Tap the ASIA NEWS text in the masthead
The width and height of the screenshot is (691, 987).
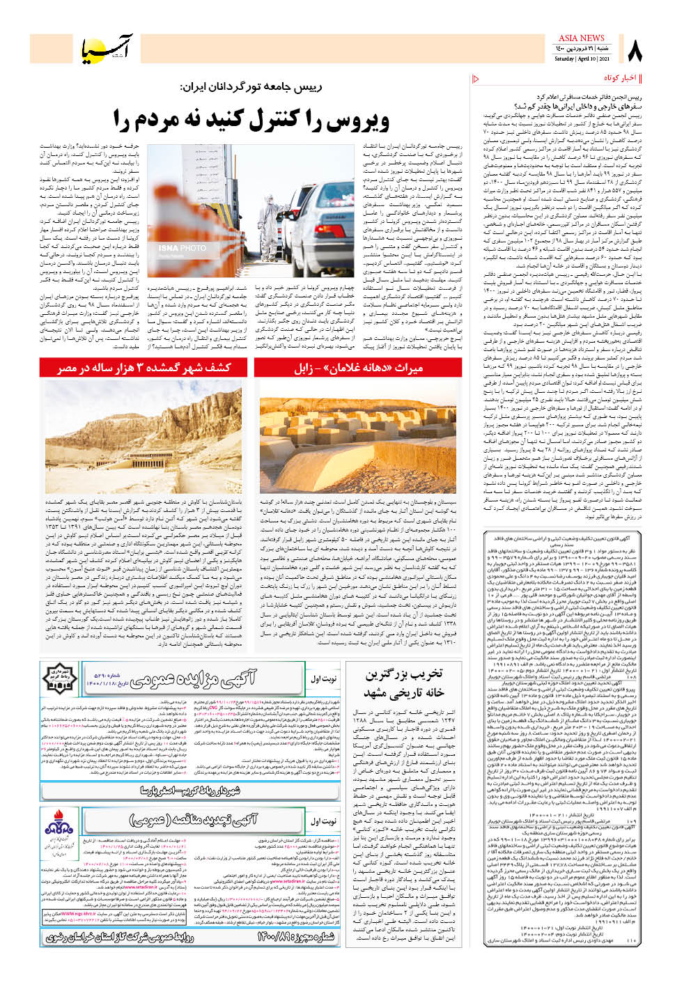pos(581,38)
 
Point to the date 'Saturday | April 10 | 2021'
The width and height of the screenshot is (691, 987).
pos(581,59)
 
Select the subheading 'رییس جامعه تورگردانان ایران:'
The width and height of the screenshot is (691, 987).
pos(251,87)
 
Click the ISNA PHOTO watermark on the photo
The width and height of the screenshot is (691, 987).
pos(183,248)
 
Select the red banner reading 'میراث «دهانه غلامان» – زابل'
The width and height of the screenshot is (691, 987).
pos(358,367)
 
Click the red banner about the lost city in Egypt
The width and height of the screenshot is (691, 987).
pos(144,367)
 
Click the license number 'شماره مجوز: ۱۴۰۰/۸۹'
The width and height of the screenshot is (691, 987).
pos(295,937)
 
